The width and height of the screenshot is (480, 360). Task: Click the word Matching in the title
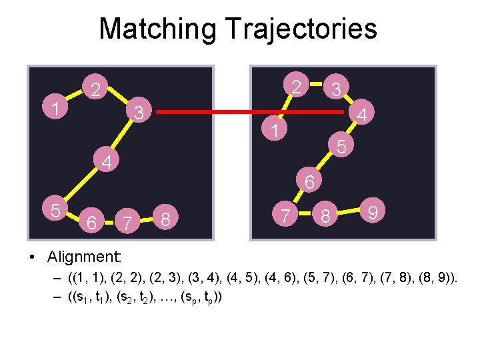158,29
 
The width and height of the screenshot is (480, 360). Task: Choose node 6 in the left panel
93,221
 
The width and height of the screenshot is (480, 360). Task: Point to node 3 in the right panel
337,88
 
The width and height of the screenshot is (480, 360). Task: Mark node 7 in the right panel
285,215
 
